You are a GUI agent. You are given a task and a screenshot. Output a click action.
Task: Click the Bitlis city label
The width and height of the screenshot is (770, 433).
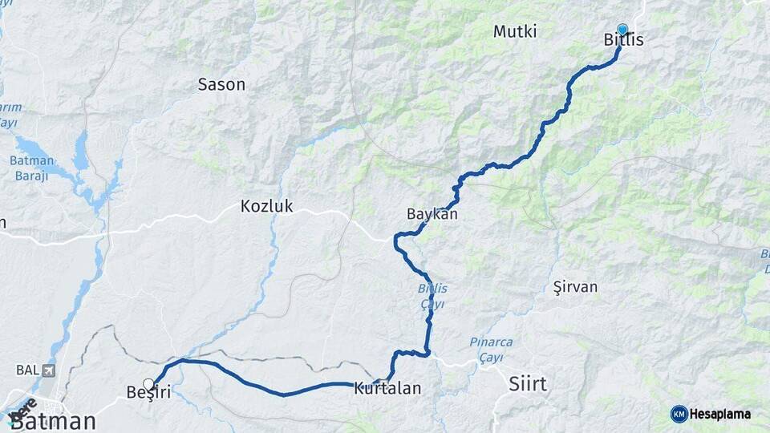(x=623, y=40)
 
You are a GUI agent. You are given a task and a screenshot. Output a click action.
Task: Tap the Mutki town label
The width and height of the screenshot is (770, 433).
(x=515, y=31)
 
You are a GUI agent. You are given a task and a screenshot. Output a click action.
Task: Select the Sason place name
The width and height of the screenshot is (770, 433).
(x=221, y=84)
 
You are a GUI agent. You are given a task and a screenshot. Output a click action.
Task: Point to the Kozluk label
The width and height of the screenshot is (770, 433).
(x=267, y=206)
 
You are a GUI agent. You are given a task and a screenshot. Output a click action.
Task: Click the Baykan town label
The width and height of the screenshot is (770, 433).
(x=432, y=214)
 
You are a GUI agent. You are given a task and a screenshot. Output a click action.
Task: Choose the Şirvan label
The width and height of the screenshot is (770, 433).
(x=575, y=286)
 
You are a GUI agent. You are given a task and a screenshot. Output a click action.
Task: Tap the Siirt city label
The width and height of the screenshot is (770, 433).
(x=528, y=384)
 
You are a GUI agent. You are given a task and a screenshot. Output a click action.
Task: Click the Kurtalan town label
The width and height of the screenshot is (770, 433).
(x=387, y=389)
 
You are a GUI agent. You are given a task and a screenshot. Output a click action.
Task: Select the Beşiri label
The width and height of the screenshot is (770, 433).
(x=148, y=392)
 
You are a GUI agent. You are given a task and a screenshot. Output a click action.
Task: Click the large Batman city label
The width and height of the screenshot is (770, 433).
(x=53, y=421)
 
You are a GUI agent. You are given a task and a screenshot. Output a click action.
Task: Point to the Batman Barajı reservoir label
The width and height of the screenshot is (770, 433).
(x=30, y=168)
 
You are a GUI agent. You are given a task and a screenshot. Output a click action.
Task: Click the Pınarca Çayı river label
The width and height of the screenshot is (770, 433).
(x=491, y=349)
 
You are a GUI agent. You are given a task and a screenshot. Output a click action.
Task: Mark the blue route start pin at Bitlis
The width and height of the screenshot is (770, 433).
(x=622, y=30)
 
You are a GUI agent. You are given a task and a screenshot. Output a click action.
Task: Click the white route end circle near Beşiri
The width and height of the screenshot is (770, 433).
(x=148, y=383)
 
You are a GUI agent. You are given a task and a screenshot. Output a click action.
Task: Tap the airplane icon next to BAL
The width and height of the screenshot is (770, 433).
(x=50, y=370)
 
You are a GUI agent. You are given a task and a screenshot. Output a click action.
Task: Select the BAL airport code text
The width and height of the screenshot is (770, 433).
(x=26, y=370)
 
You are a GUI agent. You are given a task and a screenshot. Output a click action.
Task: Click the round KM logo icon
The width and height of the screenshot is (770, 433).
(x=679, y=414)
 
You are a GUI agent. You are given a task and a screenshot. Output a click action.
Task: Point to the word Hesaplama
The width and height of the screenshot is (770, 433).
(x=721, y=414)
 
